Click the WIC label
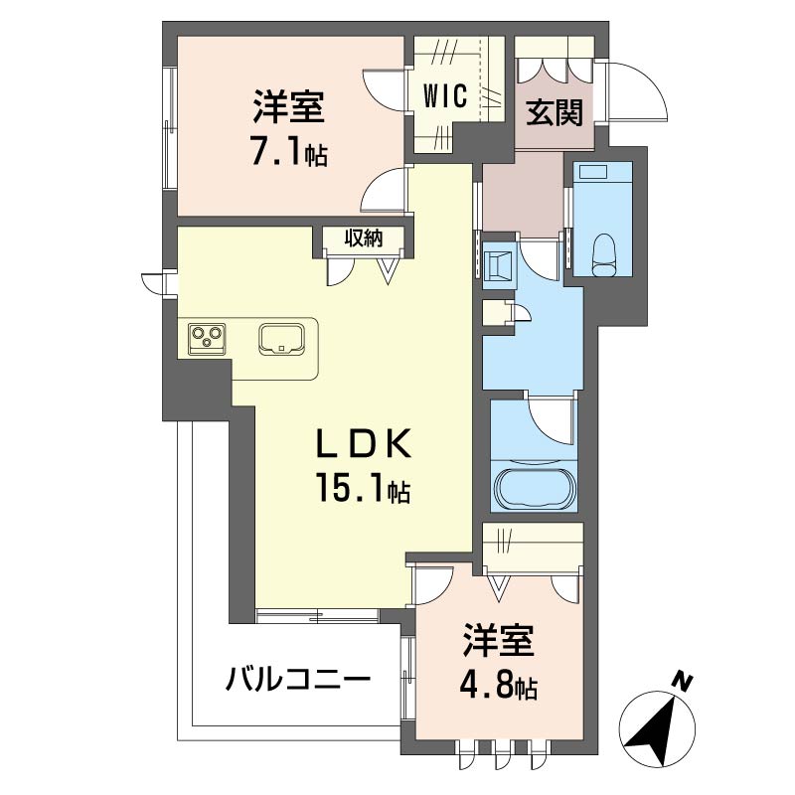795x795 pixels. (445, 95)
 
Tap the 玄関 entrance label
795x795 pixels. (555, 112)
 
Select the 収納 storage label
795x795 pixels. (364, 238)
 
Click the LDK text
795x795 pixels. (363, 444)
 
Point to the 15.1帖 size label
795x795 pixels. (363, 488)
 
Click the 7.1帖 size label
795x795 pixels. (289, 151)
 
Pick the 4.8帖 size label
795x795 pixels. (499, 684)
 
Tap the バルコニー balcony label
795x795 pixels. (298, 680)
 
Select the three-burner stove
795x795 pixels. (207, 338)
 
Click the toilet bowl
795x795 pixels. (603, 254)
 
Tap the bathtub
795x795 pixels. (535, 489)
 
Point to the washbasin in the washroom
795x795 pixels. (499, 265)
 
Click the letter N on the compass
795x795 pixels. (685, 683)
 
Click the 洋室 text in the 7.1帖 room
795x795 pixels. (288, 106)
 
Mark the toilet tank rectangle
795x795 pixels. (593, 172)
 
